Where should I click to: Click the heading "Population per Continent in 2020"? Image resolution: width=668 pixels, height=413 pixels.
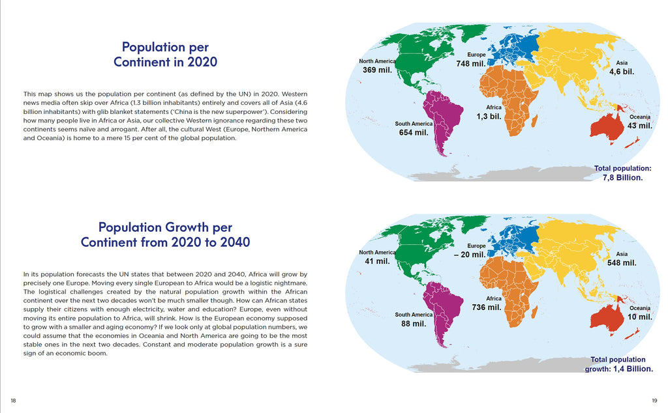165,54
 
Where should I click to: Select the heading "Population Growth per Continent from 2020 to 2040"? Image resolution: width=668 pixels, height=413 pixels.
165,235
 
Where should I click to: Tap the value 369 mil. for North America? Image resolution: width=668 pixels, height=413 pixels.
377,70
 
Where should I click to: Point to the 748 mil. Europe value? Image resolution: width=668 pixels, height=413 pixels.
470,64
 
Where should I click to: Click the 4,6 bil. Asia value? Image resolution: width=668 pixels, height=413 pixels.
622,72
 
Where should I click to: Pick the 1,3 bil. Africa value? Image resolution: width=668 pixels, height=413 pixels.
489,116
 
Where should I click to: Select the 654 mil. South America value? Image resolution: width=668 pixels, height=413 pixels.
413,133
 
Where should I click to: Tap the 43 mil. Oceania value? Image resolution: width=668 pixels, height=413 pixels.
640,126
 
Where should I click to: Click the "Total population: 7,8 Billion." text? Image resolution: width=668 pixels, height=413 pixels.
623,173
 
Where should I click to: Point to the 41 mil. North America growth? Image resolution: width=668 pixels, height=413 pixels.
377,261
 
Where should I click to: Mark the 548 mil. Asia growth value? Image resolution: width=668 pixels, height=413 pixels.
621,263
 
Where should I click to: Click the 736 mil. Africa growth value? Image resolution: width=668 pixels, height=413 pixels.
487,307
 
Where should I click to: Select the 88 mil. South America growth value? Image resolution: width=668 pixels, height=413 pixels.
413,324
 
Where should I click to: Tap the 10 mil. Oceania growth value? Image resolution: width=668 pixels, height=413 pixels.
640,317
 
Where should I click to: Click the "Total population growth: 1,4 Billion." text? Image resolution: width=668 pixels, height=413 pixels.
619,364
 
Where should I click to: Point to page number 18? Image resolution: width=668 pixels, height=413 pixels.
13,400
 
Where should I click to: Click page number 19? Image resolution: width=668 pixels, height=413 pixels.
654,400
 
